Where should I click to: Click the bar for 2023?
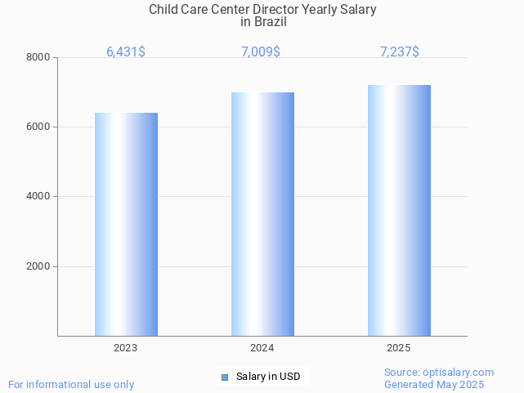click(x=126, y=224)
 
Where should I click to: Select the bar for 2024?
click(x=262, y=214)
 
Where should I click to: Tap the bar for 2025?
click(x=399, y=210)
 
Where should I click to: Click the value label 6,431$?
click(x=126, y=51)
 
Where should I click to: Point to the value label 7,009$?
click(x=261, y=51)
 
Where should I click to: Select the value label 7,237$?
click(x=400, y=51)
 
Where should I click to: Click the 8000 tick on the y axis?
click(x=38, y=57)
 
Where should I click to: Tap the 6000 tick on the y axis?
click(x=38, y=127)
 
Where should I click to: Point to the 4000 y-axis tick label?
click(x=38, y=197)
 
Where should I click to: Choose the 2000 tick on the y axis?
click(x=38, y=266)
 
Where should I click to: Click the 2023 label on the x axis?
click(x=126, y=348)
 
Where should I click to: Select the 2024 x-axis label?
click(x=262, y=348)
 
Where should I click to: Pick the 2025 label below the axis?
click(x=399, y=348)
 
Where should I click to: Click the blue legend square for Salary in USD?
click(x=226, y=377)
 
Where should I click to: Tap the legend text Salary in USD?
click(x=268, y=377)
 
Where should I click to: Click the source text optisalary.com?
click(x=461, y=373)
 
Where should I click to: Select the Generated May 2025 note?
click(x=434, y=385)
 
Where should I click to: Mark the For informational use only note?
click(x=71, y=385)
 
